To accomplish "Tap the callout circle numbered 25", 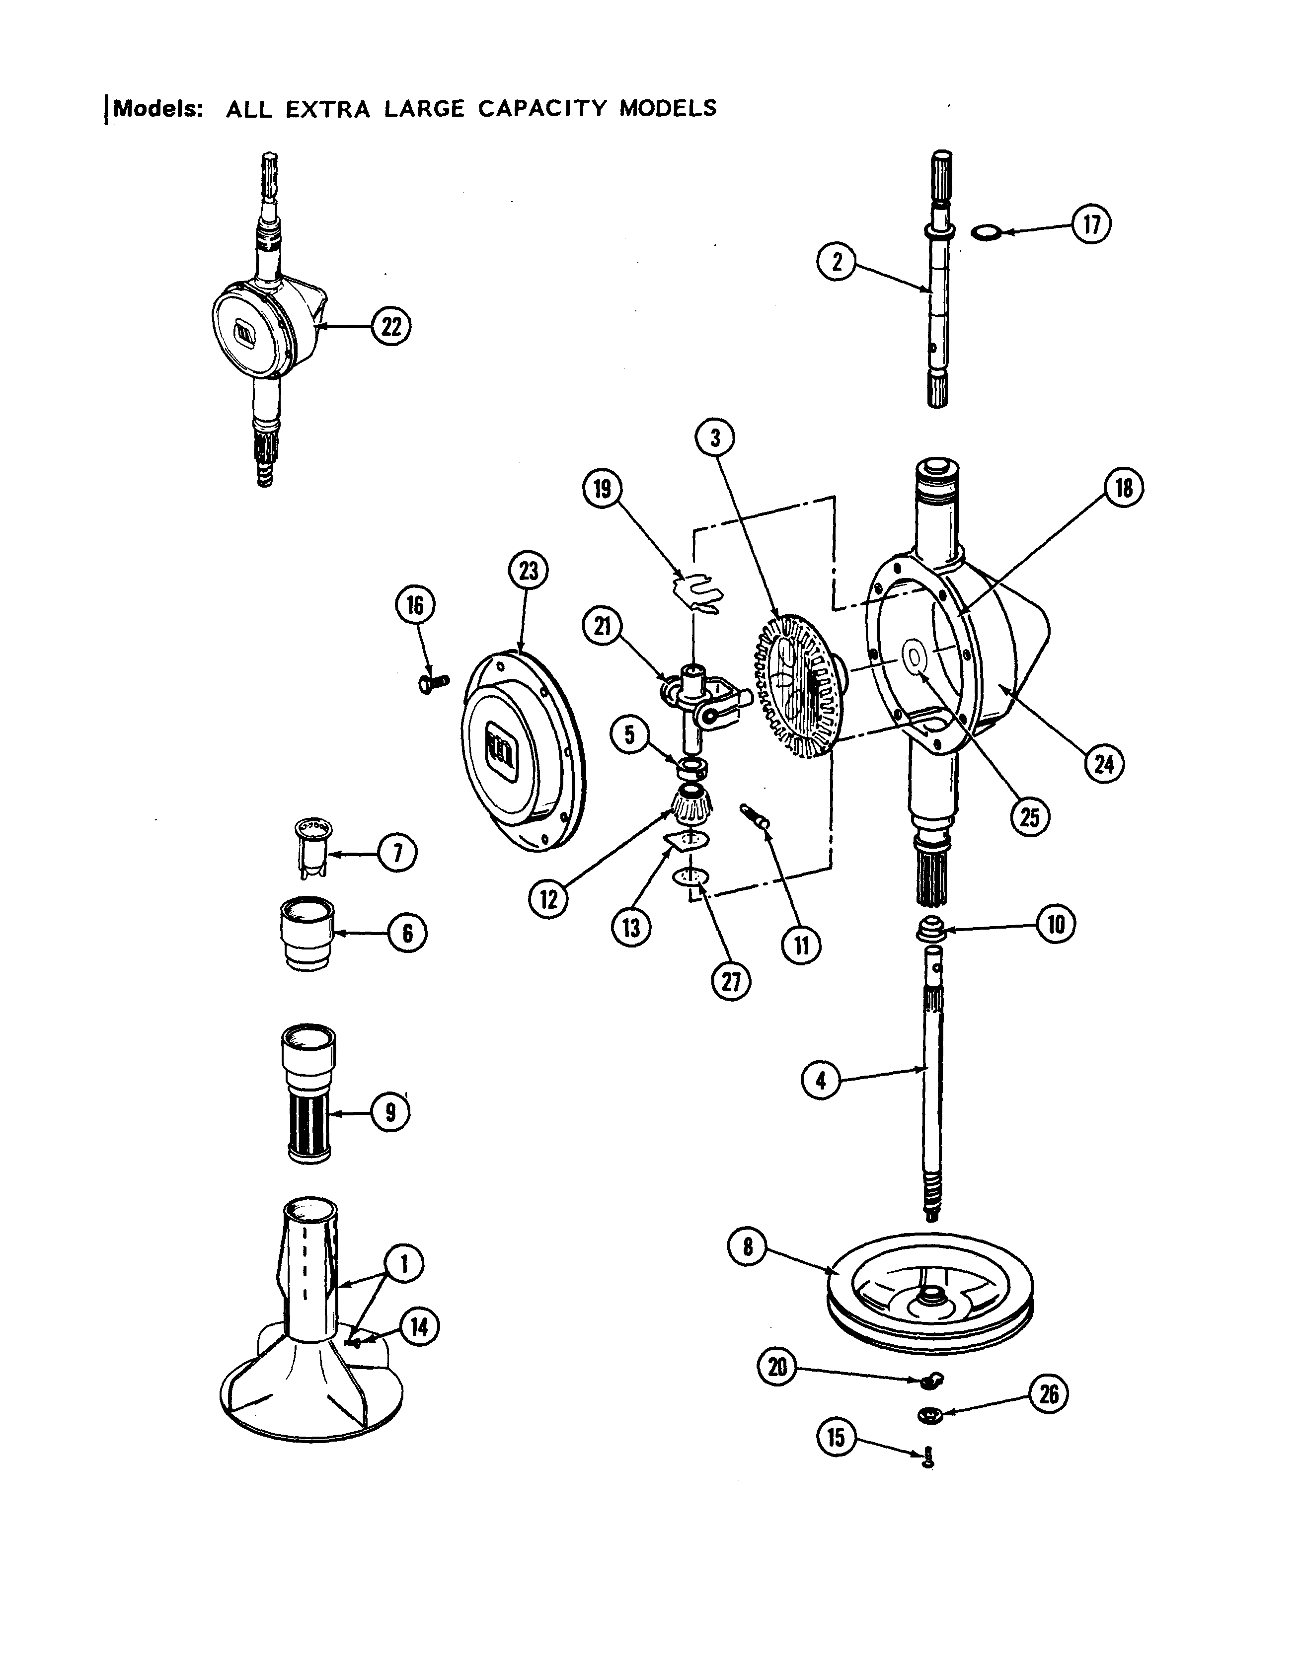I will coord(1028,818).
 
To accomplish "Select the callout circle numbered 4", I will coord(821,1081).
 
